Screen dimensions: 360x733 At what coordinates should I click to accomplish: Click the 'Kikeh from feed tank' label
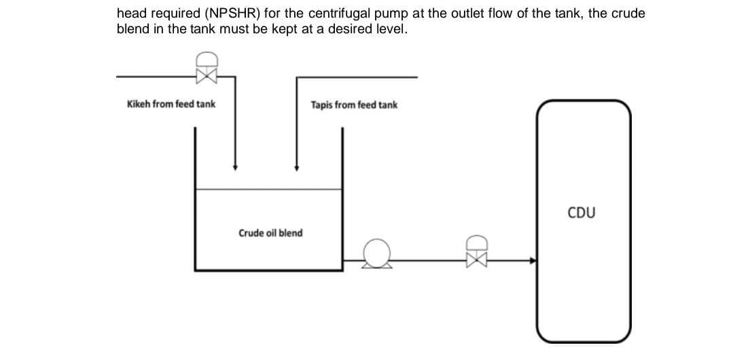click(x=171, y=104)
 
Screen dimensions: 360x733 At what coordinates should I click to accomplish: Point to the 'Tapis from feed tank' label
click(x=354, y=105)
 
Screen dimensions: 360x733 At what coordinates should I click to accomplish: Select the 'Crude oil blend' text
click(x=270, y=233)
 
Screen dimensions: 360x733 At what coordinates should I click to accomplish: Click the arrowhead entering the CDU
click(x=532, y=259)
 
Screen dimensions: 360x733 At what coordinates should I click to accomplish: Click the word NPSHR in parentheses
click(x=228, y=14)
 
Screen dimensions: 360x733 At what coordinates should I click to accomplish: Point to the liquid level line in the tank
click(x=268, y=190)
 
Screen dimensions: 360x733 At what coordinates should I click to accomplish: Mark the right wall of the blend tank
click(x=342, y=204)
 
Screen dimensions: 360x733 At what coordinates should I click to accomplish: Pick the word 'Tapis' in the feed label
click(x=323, y=105)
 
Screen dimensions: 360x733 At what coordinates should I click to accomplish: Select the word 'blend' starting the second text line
click(x=132, y=30)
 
